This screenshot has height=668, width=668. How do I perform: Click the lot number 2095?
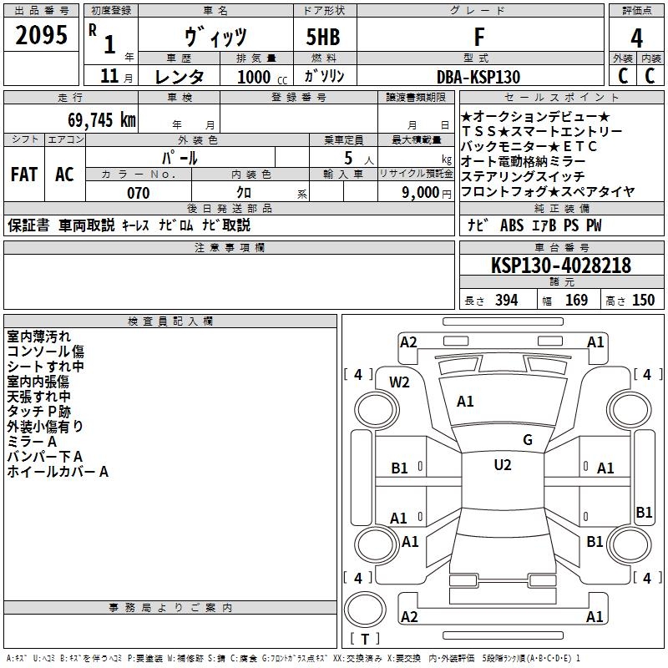click(42, 36)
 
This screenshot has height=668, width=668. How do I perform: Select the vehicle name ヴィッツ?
click(215, 37)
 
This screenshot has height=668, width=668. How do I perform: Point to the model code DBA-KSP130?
click(478, 77)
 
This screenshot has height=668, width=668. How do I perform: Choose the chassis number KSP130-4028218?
click(561, 266)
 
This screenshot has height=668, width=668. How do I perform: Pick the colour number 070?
click(138, 193)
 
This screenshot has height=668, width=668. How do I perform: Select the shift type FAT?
click(24, 175)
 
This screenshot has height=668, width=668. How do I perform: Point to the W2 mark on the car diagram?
click(400, 382)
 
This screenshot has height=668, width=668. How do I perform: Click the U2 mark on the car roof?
click(503, 465)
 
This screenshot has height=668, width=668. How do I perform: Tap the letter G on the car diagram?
click(527, 440)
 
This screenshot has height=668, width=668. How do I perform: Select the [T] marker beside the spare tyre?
click(365, 639)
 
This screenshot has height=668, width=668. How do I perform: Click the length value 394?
click(506, 301)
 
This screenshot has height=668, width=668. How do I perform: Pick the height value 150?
click(643, 301)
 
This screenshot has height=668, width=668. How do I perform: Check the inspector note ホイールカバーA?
click(58, 472)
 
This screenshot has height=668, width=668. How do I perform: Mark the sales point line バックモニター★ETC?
click(529, 146)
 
